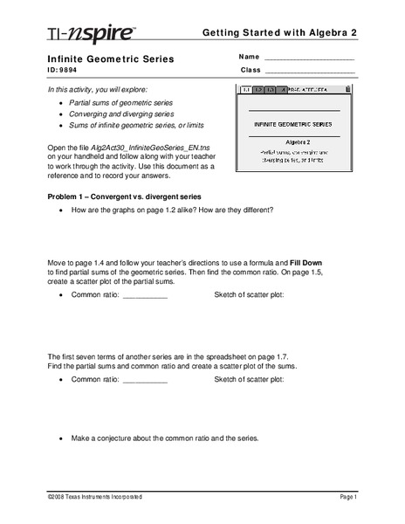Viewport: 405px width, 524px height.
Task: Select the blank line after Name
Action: [309, 59]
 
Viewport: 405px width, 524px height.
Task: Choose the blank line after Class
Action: [309, 71]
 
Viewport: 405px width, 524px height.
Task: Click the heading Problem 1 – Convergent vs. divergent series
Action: [123, 197]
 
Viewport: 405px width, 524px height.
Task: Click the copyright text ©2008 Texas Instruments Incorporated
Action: [95, 497]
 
